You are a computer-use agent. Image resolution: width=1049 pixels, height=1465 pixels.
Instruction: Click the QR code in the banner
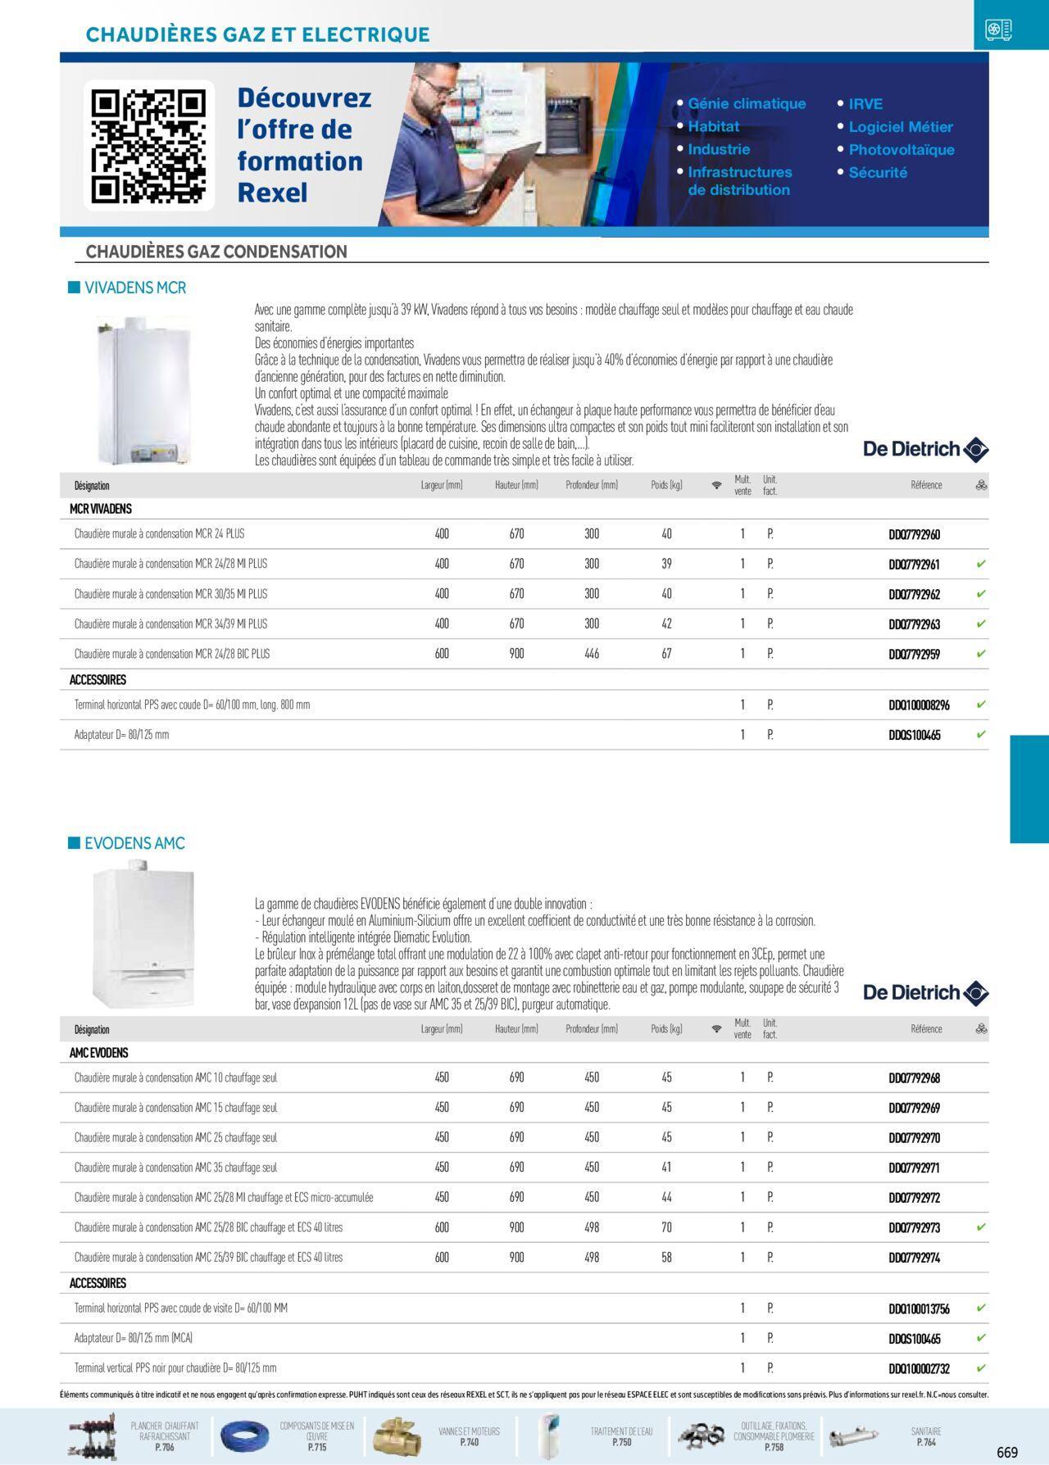148,146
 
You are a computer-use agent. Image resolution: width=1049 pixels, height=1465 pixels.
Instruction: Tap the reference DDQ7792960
914,535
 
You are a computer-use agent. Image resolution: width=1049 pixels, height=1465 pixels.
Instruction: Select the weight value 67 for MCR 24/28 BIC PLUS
666,654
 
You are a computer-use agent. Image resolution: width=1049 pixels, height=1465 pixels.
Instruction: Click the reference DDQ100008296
919,705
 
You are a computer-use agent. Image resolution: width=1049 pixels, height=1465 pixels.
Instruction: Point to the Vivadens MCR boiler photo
145,389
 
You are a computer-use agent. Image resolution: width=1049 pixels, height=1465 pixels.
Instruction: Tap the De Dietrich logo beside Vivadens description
925,449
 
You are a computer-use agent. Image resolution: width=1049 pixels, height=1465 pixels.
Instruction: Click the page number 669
1007,1453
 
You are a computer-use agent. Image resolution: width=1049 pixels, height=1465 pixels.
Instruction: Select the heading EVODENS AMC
134,843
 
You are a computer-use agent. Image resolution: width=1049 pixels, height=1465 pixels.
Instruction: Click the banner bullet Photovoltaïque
901,150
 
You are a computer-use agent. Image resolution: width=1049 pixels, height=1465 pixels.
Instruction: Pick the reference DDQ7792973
914,1228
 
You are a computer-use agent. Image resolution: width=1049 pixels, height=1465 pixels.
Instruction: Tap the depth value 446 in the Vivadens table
592,654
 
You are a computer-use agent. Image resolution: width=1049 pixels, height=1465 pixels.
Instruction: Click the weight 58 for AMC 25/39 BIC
666,1258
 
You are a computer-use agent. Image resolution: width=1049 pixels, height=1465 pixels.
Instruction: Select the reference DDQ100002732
919,1368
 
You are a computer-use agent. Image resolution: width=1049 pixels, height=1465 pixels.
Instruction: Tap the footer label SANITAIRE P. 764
925,1436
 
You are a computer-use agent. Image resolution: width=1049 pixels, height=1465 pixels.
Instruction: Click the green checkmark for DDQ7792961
980,565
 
